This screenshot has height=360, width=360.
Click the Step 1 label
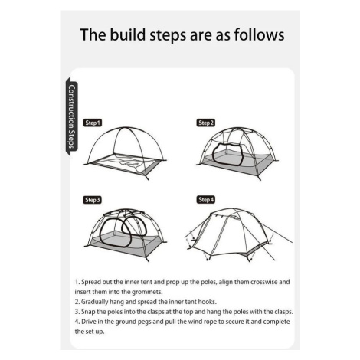point(93,123)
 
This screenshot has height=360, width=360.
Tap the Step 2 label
point(206,123)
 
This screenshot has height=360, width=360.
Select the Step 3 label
point(93,200)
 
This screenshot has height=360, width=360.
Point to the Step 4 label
point(206,200)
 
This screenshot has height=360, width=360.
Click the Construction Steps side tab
point(72,116)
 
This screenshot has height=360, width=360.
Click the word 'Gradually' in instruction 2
point(94,302)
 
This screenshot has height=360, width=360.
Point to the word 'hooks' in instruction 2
point(208,302)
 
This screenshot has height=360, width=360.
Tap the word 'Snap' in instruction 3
point(88,312)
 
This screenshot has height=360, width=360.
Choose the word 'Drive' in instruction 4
point(88,322)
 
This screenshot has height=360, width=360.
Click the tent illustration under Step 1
point(126,153)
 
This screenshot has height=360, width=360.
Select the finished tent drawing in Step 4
point(238,234)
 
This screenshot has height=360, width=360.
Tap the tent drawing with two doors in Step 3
point(126,234)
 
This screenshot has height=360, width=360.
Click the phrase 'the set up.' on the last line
point(90,332)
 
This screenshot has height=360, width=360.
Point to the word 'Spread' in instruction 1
point(90,282)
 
